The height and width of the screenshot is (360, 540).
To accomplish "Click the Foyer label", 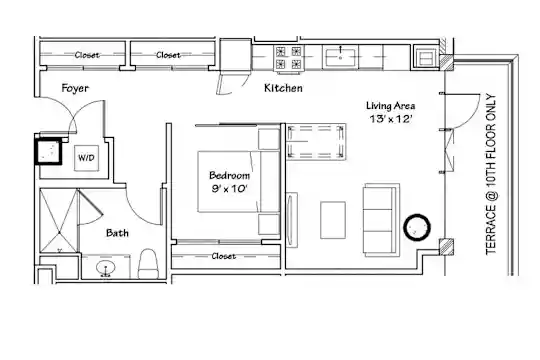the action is click(x=75, y=88).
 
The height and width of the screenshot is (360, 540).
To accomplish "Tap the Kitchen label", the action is click(x=283, y=88).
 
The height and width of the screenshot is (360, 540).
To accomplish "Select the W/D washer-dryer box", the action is click(x=86, y=158).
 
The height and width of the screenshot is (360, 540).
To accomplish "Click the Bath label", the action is click(x=117, y=233).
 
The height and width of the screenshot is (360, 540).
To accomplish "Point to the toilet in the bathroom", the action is click(x=148, y=264).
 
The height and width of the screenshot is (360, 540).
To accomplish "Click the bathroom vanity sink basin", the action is click(x=106, y=268).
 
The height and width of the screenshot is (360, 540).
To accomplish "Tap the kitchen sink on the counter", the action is click(x=340, y=58).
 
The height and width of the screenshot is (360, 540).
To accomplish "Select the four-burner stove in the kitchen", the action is click(x=289, y=58).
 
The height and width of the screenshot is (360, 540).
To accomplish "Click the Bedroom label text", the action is click(x=229, y=175).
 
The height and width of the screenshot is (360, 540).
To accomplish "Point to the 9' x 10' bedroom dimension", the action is click(x=229, y=188).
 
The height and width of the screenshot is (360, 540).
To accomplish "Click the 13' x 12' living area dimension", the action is click(x=391, y=119).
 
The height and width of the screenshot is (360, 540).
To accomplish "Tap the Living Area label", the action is click(x=391, y=106).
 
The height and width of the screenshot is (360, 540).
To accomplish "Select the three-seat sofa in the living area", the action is click(x=381, y=219).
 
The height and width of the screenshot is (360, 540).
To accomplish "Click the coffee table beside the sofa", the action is click(x=333, y=220).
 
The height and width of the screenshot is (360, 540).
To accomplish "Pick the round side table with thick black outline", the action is click(x=417, y=227).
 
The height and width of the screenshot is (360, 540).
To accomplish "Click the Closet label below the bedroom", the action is click(x=224, y=256).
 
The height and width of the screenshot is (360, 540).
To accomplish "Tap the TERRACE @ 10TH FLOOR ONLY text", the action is click(x=491, y=174).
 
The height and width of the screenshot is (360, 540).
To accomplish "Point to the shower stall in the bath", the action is click(x=59, y=220).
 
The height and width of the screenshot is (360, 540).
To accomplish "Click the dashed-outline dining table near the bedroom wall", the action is click(x=316, y=142).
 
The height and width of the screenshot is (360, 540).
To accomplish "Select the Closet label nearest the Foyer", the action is click(x=87, y=55).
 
